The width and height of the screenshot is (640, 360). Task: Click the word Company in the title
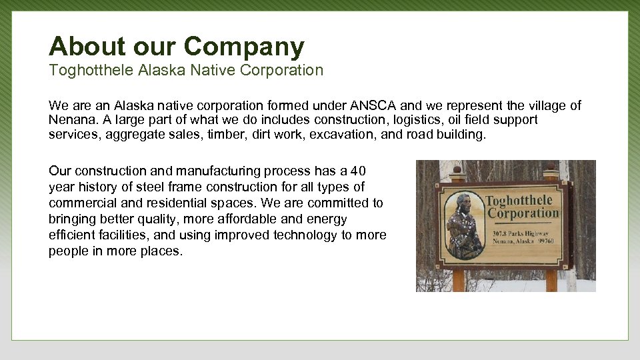coord(244,46)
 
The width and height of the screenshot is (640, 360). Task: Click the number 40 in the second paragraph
coord(359,171)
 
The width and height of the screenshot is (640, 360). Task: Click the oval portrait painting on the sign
coord(463,225)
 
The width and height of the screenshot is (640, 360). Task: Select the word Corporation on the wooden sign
coord(523,213)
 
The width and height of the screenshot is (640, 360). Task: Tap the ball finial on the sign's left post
coord(457,169)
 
